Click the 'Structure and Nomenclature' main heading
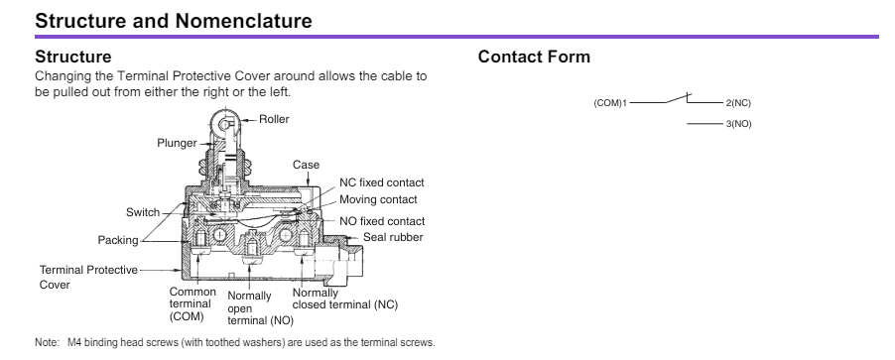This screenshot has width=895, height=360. tap(174, 21)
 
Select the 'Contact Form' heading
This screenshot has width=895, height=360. tap(534, 57)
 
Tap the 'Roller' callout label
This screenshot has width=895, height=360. tap(274, 119)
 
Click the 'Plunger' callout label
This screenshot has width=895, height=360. tap(177, 143)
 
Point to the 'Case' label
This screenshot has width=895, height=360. tap(306, 165)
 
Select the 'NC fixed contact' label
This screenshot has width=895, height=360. tap(382, 182)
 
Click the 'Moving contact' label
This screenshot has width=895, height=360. tap(378, 199)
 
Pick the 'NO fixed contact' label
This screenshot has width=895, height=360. tap(382, 221)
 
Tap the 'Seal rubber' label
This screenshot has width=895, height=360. tap(393, 237)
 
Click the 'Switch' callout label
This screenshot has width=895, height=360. tap(143, 212)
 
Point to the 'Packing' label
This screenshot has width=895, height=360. tap(118, 240)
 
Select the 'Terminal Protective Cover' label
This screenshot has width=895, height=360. tap(88, 278)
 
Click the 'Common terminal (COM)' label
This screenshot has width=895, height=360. tap(192, 304)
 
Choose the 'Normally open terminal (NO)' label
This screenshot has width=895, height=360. tap(260, 308)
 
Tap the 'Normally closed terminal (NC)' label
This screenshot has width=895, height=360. tap(344, 299)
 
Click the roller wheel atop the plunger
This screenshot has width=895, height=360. tap(225, 122)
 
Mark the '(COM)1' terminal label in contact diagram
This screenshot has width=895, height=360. tap(610, 103)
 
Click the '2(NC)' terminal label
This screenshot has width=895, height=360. tap(738, 103)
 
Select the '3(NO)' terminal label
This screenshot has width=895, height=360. tap(738, 124)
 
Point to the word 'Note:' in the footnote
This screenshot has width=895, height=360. tap(47, 343)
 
